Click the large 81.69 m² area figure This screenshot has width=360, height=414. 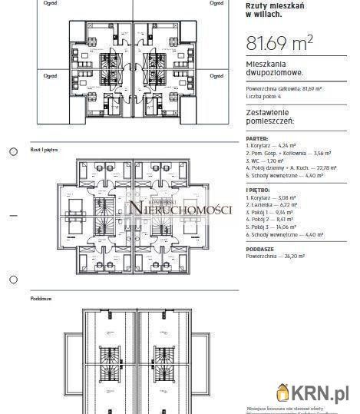coord(278,43)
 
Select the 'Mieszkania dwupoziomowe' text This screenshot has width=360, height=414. coord(274,68)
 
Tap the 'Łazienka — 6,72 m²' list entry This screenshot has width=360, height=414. coord(276,205)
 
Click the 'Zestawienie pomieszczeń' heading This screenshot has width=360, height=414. coord(275,117)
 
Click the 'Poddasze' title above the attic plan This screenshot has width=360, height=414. coord(41,296)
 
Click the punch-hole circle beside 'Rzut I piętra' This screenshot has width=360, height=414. coord(13,152)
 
